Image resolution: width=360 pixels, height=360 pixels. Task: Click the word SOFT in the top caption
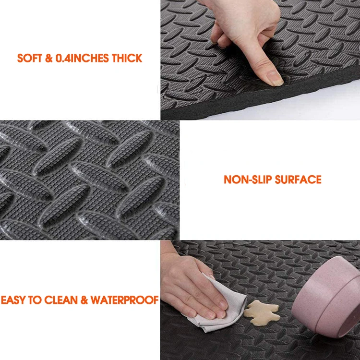point(29,59)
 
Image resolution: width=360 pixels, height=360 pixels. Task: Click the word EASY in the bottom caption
point(13,300)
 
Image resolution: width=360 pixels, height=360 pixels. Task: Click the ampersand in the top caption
point(48,59)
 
